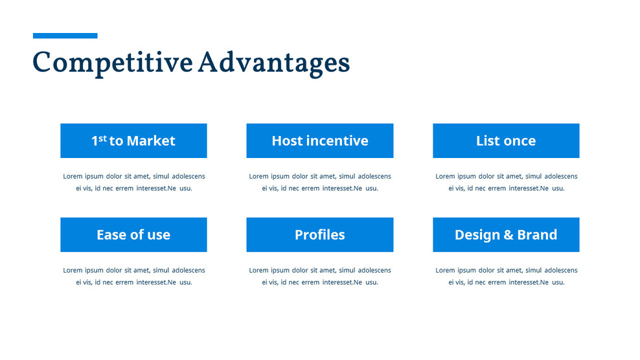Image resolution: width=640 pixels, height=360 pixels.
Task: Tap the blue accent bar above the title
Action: coord(65,36)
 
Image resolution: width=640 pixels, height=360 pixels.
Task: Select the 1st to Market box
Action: coord(133,141)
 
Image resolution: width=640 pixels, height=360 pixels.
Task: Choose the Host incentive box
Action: coord(319,141)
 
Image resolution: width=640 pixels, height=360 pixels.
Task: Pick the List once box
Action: coord(506,141)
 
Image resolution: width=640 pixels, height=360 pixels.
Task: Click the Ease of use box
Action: coord(133,234)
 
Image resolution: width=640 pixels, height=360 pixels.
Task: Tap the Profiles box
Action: coord(319,234)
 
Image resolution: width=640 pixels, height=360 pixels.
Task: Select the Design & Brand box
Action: coord(506,234)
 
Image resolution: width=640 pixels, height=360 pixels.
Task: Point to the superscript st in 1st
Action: coord(102,137)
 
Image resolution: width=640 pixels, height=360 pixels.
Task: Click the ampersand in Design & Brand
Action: coord(509,235)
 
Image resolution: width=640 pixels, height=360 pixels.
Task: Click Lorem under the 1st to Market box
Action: coord(73,176)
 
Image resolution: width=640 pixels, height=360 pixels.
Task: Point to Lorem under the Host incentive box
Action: coord(258,176)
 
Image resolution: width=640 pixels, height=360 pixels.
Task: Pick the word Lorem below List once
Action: coord(445,176)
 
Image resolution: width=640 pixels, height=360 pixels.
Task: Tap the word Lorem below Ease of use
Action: coord(73,270)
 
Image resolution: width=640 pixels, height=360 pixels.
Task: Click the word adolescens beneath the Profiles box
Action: coord(374,270)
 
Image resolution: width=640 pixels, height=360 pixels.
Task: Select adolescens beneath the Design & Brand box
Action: coord(561,270)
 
